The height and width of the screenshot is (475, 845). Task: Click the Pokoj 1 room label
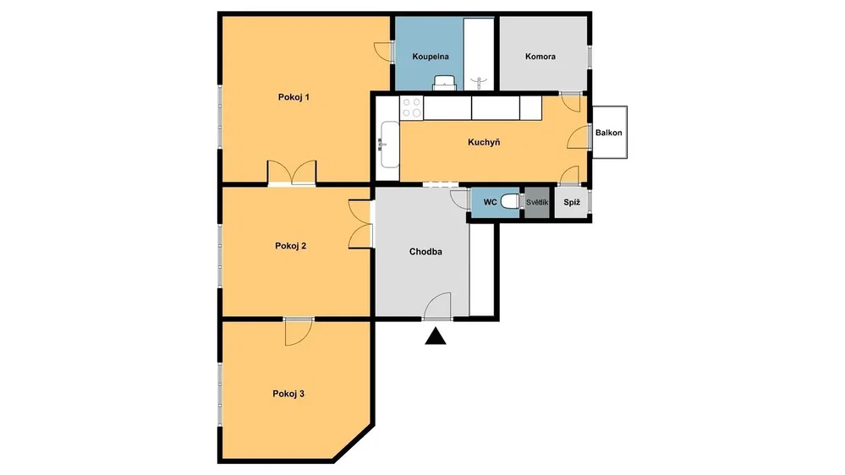294,97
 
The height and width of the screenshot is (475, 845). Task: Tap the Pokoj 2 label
290,246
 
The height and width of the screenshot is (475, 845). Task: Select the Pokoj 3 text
288,394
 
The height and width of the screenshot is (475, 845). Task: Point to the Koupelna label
431,57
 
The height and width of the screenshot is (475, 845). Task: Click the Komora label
540,57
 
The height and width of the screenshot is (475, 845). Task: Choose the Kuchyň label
484,142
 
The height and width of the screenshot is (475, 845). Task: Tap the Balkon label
608,133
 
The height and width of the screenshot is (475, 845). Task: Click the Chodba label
425,252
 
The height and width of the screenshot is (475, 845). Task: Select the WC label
490,203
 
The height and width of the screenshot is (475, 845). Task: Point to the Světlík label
537,203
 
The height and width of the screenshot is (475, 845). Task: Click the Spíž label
572,203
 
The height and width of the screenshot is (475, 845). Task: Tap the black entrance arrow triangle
436,337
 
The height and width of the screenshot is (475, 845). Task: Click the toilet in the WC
510,202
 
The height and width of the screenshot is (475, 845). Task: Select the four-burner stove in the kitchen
412,107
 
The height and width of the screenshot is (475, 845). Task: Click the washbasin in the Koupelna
446,82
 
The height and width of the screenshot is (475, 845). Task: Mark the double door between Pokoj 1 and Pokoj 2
292,173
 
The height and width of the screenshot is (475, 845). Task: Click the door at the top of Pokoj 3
299,331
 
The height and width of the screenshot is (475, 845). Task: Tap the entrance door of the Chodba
437,307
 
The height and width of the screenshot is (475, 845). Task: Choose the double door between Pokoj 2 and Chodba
361,224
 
